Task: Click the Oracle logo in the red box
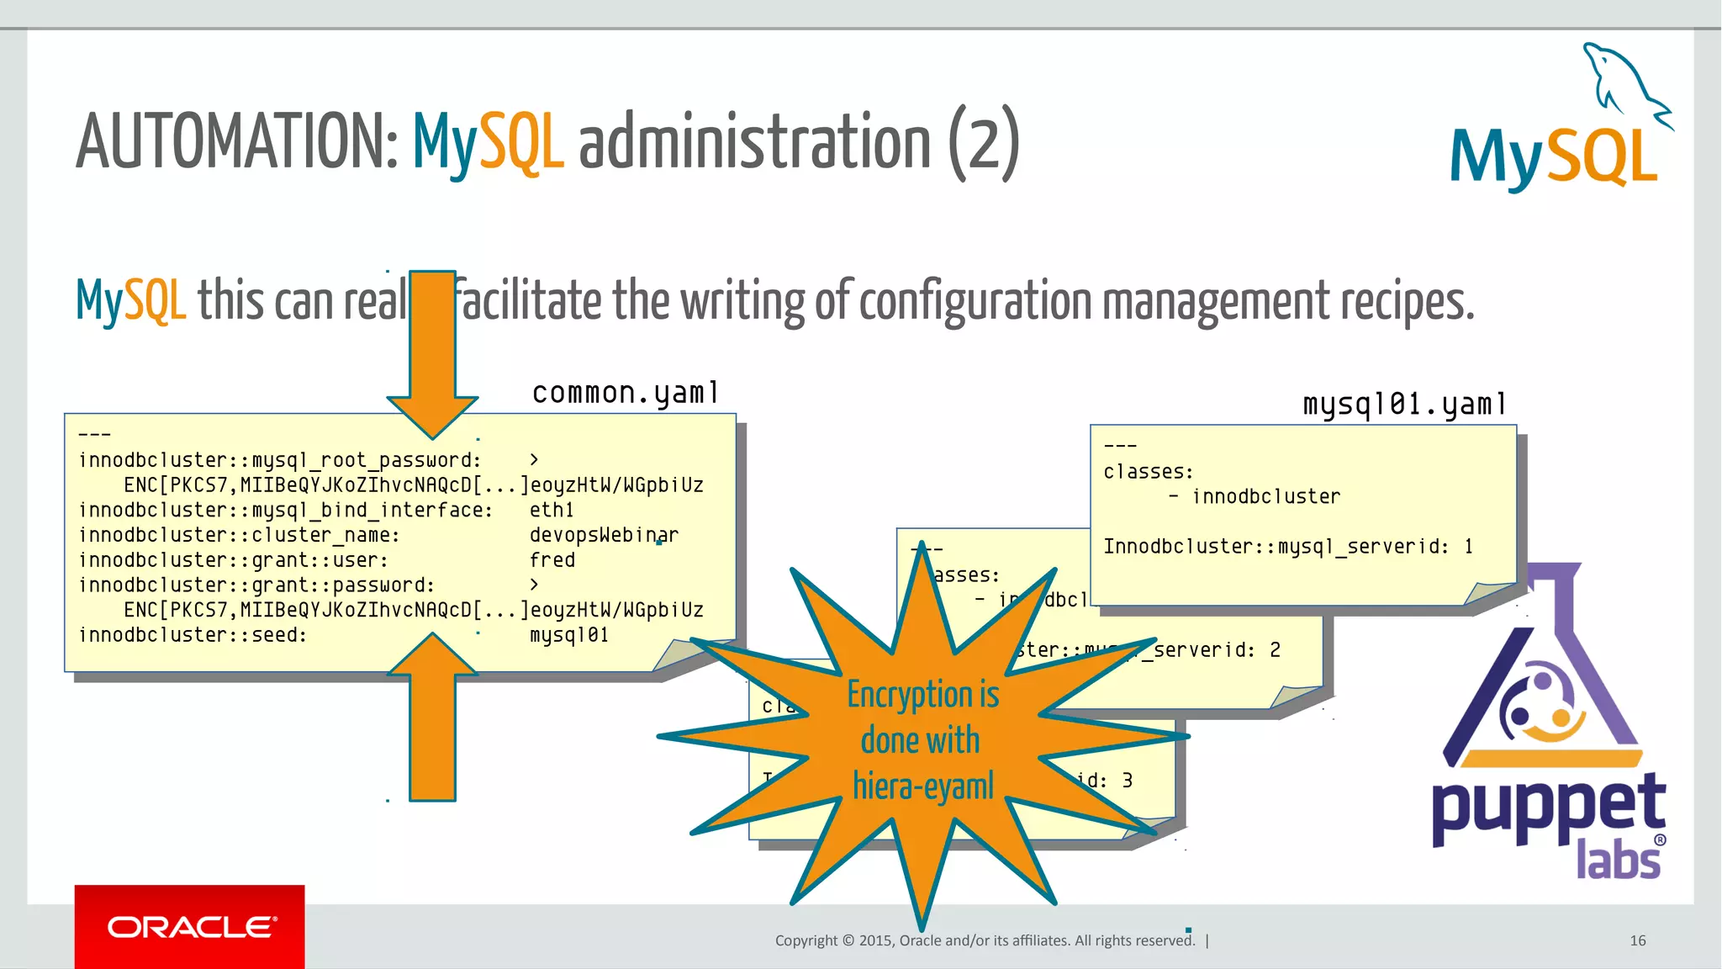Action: [x=191, y=927]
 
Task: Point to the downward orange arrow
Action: [x=433, y=353]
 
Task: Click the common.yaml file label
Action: [x=625, y=393]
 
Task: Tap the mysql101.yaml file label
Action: [x=1403, y=405]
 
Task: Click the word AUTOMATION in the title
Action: [x=235, y=141]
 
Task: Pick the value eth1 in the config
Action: [x=552, y=511]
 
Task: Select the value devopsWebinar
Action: [x=604, y=535]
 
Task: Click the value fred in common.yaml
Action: [x=552, y=560]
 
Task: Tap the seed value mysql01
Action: [x=569, y=635]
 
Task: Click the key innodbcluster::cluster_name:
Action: [x=239, y=535]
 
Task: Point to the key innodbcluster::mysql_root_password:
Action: [x=279, y=460]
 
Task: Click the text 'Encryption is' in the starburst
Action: [x=922, y=695]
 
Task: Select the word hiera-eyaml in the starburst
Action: [x=922, y=786]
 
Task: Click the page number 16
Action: [x=1637, y=940]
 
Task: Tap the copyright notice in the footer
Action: [x=985, y=940]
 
